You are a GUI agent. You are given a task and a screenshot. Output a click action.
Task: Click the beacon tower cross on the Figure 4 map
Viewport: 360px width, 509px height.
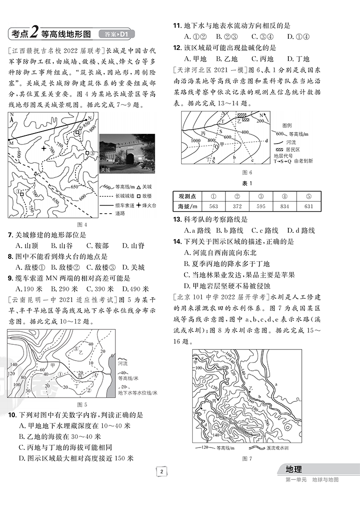[44, 148]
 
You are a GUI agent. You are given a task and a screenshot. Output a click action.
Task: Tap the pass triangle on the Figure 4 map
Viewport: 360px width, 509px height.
[36, 173]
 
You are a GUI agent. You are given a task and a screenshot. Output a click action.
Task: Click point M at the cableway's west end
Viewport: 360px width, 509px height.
[10, 140]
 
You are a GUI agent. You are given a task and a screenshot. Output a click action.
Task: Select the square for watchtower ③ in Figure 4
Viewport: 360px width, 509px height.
[87, 154]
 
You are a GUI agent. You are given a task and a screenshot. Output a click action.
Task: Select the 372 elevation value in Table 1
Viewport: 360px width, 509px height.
[237, 206]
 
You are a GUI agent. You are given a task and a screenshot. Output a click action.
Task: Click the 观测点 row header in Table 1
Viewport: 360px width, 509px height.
[187, 196]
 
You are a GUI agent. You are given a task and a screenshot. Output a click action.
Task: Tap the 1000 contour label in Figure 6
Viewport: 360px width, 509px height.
[195, 141]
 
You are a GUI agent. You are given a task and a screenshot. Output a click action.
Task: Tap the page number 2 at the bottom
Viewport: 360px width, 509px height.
[162, 471]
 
